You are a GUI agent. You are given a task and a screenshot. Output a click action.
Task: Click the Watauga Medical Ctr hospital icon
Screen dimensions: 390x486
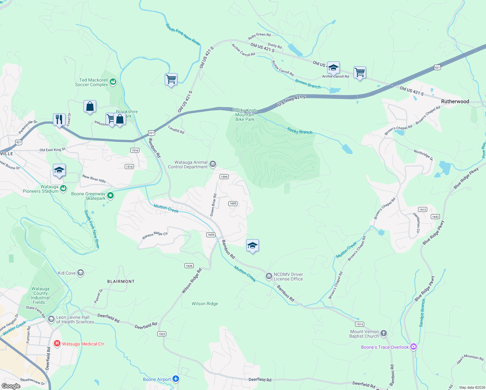tap(57, 344)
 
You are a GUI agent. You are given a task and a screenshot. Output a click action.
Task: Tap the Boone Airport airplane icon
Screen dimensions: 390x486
tap(176, 379)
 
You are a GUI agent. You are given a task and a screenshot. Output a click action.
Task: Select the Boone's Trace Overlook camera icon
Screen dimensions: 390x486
tap(413, 347)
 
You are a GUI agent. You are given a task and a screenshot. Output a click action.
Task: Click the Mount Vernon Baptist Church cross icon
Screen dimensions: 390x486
tap(384, 333)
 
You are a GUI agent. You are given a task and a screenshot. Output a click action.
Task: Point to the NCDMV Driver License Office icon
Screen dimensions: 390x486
tap(269, 276)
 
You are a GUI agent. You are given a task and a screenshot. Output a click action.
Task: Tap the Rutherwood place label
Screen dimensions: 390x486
tap(455, 101)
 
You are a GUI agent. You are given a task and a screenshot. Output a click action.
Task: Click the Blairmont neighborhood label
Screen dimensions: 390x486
tap(121, 281)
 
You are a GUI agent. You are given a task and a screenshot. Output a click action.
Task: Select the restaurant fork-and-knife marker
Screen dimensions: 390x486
tap(59, 120)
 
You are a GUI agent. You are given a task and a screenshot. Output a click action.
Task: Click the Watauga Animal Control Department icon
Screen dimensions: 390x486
tap(213, 164)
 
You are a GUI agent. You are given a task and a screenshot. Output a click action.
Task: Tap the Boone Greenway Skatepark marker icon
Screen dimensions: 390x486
tap(110, 196)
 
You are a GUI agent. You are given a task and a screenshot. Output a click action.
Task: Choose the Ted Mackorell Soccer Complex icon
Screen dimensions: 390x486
tap(113, 82)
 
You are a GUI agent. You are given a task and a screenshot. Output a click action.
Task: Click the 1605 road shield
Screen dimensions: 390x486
tap(233, 203)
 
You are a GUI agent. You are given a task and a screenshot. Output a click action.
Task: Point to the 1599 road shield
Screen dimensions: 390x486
tap(224, 176)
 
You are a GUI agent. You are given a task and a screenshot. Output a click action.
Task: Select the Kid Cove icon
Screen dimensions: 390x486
tap(81, 273)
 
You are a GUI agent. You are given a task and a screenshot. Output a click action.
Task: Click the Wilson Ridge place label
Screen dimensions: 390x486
tap(205, 304)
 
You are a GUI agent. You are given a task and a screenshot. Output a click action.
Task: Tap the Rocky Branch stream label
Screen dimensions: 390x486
tap(300, 131)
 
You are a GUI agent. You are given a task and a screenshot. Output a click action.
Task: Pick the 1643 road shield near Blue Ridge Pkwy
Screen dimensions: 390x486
tap(435, 216)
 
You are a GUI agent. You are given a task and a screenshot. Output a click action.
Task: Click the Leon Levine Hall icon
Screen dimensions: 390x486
tap(51, 319)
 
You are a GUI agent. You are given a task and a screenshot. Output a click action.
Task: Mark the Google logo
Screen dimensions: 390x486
tap(11, 386)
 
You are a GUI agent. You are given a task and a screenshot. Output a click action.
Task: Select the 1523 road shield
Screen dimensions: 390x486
tap(162, 334)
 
